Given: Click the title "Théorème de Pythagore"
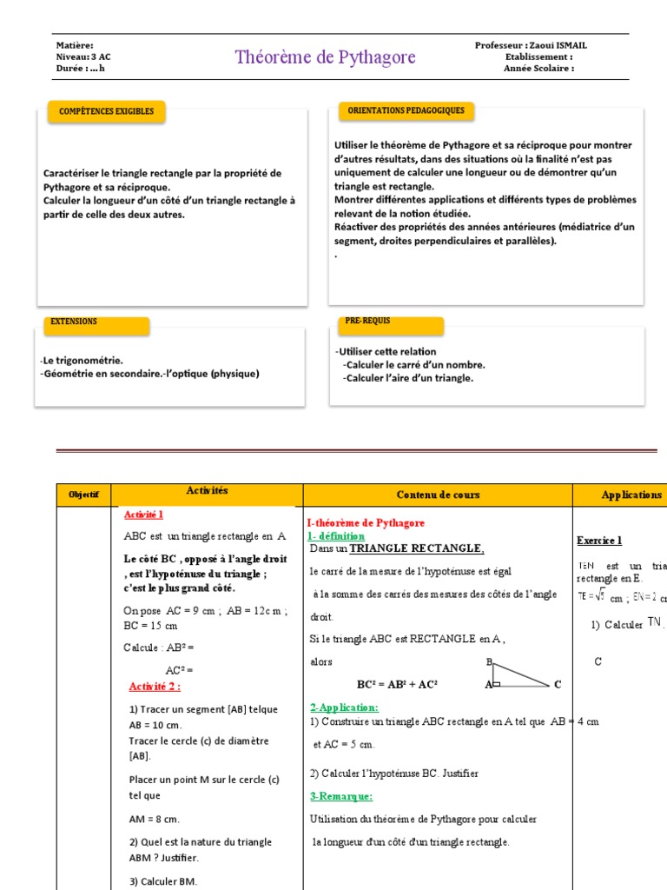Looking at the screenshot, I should coord(325,57).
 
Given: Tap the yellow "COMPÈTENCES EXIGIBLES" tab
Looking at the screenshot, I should coord(106,112).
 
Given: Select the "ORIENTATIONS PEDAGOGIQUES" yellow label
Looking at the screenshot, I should coord(406,111).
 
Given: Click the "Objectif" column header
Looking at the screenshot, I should coord(84,495).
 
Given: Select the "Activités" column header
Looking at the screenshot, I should coord(207,491).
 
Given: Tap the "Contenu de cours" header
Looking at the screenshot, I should coord(438,495).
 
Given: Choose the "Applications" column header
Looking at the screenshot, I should coord(631,495).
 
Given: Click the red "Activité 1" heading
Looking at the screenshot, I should coord(144,515).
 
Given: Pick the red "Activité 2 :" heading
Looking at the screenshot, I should coord(155,687).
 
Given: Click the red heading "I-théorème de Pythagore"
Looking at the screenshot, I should coord(366,523).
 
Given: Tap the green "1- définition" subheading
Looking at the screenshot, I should coord(338,536).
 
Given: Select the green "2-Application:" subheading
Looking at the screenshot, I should coord(344,708).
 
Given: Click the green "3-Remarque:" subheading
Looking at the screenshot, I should coord(341,796).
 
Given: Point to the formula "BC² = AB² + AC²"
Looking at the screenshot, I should coord(398,685).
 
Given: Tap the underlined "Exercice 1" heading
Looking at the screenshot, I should coord(599,541).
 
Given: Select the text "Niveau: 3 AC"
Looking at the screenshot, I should coord(83,57).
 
